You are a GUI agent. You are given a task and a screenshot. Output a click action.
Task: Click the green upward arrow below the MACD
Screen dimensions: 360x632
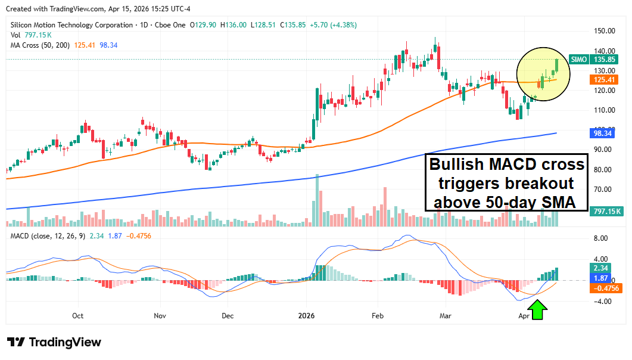click(x=538, y=310)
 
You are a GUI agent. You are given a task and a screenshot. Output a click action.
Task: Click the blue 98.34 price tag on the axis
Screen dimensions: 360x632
click(x=603, y=134)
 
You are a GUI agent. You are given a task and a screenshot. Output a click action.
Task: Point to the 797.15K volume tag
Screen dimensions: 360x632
click(x=606, y=211)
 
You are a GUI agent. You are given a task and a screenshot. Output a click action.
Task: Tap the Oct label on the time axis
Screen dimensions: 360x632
click(x=77, y=316)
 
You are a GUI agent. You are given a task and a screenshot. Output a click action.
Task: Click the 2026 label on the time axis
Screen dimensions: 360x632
click(x=307, y=316)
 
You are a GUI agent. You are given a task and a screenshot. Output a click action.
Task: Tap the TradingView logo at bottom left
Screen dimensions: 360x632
click(x=54, y=343)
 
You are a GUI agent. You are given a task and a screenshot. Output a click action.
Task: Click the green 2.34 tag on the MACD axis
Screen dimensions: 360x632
click(x=599, y=268)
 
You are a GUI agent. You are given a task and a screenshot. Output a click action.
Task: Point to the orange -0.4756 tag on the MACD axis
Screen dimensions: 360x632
click(x=606, y=288)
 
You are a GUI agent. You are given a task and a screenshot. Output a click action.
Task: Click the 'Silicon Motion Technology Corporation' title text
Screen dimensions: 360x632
click(x=72, y=25)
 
